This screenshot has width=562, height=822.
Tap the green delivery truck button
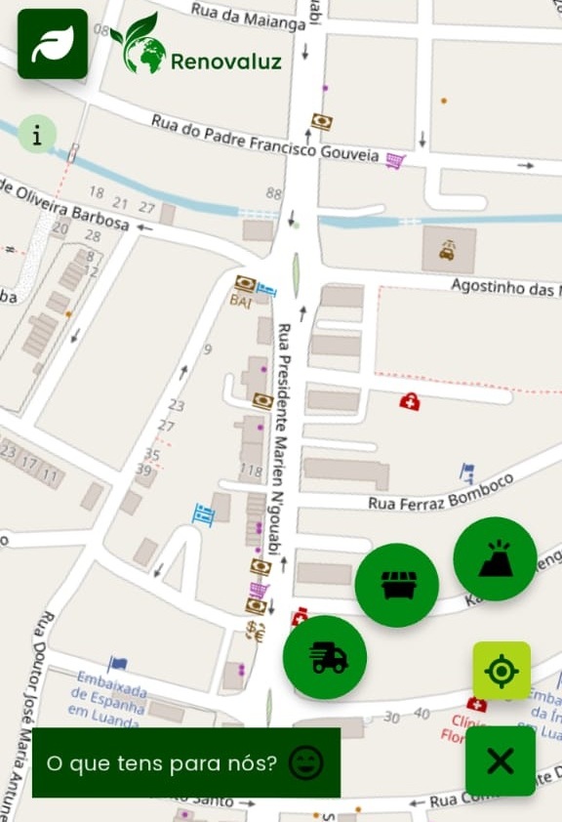325,658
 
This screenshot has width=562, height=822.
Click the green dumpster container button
396,586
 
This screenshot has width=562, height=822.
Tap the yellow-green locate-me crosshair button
502,671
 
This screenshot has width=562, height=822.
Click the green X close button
501,760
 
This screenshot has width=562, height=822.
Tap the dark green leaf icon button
53,44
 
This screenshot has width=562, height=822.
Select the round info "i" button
37,135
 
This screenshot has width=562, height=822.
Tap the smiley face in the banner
305,761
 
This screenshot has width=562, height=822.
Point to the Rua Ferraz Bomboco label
440,494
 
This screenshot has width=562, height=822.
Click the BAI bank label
240,303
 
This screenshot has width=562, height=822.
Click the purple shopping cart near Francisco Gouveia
394,160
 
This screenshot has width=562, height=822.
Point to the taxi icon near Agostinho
448,249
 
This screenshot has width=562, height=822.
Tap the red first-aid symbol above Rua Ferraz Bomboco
410,401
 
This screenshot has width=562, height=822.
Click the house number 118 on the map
251,472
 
